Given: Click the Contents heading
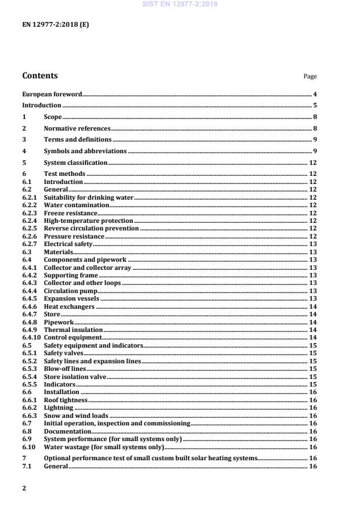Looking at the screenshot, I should click(39, 75).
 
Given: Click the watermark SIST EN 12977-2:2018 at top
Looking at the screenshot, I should click(180, 5).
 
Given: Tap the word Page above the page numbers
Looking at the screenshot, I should click(310, 77).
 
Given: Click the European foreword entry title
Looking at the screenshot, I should click(52, 94).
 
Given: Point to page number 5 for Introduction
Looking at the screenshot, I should click(315, 106).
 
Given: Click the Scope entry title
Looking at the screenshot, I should click(53, 117).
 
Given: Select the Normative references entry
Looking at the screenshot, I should click(77, 128).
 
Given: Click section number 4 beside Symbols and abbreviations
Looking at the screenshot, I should click(24, 151).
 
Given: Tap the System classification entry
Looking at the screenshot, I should click(75, 163).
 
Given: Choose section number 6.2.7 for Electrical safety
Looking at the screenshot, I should click(30, 244).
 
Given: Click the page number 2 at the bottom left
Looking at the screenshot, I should click(24, 489).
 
